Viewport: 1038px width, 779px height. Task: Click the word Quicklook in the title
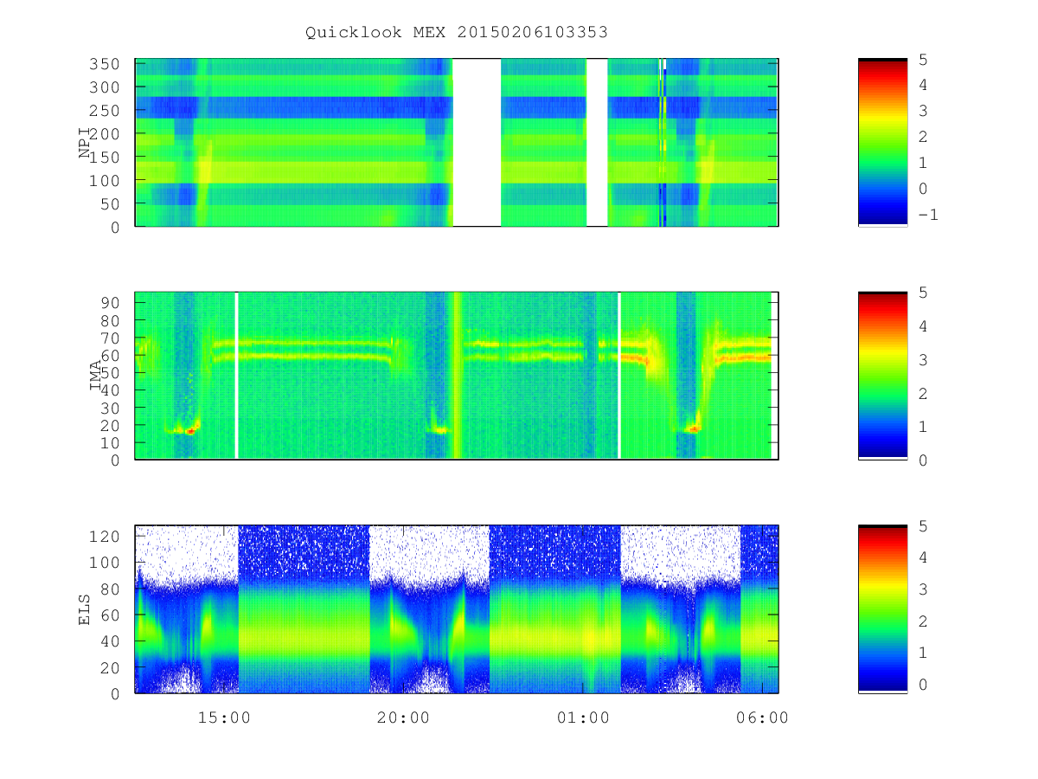click(353, 33)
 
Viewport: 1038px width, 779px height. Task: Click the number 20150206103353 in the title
click(532, 32)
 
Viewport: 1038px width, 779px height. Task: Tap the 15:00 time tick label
click(224, 718)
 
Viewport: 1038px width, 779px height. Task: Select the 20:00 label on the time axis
click(403, 718)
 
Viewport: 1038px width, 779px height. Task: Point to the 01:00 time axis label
click(583, 718)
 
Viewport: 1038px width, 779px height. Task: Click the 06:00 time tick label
click(762, 718)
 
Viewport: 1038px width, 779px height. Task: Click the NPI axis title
click(84, 142)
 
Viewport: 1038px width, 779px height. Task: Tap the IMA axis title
click(95, 375)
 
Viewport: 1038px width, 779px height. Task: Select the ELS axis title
click(84, 609)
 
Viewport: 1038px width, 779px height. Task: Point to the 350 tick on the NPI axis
click(104, 64)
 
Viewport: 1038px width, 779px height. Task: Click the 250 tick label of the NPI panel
click(104, 111)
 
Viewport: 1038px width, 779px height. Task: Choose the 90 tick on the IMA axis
click(110, 303)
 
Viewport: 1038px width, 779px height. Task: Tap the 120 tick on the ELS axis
click(104, 537)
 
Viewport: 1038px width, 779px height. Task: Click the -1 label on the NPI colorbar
click(928, 215)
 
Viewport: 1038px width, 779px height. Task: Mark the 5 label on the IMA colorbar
click(923, 293)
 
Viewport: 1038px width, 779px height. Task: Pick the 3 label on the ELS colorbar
click(923, 589)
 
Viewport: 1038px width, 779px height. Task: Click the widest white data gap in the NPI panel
click(477, 142)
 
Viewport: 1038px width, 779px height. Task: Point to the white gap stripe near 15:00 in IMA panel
click(236, 375)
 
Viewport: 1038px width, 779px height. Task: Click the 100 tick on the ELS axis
click(104, 563)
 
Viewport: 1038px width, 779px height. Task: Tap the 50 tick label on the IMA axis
click(110, 373)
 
